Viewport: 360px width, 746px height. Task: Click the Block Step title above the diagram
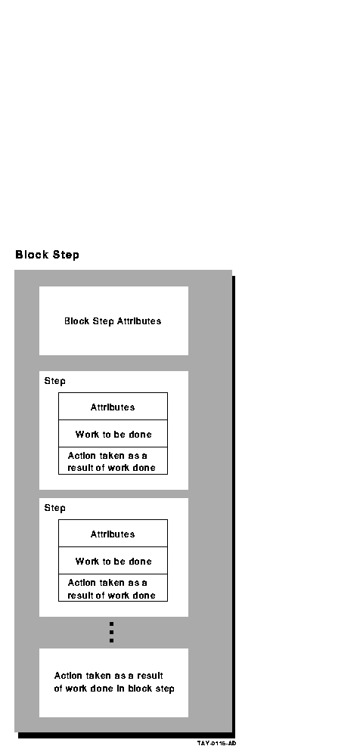click(x=47, y=255)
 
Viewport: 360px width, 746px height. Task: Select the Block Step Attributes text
click(x=113, y=321)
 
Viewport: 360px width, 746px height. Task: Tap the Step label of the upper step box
click(x=54, y=381)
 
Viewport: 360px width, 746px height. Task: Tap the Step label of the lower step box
click(x=54, y=508)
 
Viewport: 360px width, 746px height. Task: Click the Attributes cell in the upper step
click(x=113, y=407)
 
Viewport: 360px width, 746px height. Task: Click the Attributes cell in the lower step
click(x=113, y=534)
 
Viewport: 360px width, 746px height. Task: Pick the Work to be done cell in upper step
click(x=113, y=433)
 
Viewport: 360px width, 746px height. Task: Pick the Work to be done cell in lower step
click(x=113, y=561)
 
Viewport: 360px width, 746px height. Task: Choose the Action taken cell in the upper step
click(x=113, y=460)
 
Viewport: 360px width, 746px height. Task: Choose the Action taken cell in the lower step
click(x=113, y=587)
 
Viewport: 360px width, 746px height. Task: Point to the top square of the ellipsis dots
click(x=111, y=624)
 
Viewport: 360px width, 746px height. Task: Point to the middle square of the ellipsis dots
click(x=111, y=633)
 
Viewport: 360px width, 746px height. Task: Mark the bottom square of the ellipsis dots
click(x=111, y=641)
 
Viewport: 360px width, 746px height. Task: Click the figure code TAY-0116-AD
click(x=216, y=743)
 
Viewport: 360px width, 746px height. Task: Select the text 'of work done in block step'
click(x=114, y=689)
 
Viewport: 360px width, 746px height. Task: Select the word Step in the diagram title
click(x=66, y=255)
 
